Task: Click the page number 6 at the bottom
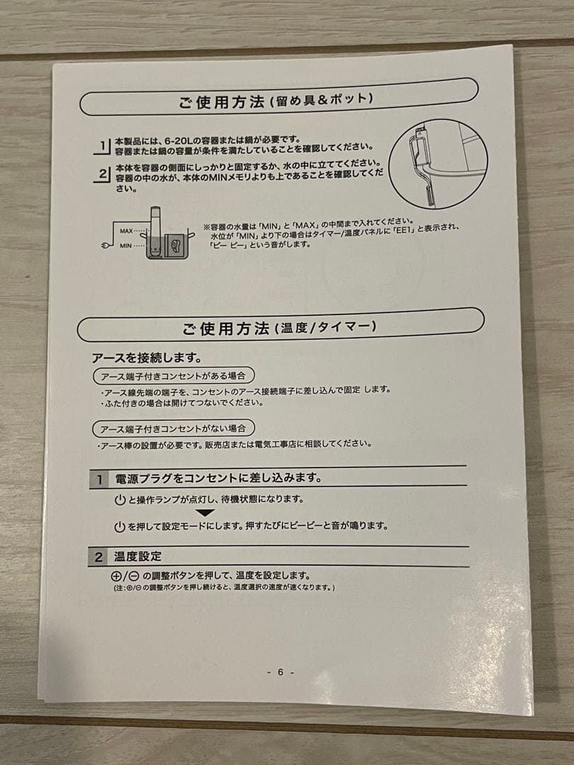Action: click(x=280, y=671)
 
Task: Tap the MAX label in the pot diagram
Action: click(x=126, y=231)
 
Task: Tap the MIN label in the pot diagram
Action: click(x=125, y=246)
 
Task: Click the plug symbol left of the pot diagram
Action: click(x=104, y=245)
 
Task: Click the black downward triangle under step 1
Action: click(x=205, y=513)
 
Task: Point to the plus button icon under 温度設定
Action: click(x=116, y=576)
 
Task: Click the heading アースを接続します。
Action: click(x=147, y=358)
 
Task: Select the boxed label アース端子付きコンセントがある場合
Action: click(x=174, y=375)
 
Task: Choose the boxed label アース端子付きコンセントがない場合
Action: click(x=174, y=429)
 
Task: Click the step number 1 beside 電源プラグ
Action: click(x=100, y=480)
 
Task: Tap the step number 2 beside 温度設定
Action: click(x=99, y=557)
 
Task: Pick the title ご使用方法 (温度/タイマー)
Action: click(x=279, y=328)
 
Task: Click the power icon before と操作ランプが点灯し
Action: click(x=120, y=500)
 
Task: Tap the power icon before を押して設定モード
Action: click(x=120, y=528)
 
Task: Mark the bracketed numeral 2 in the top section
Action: click(x=103, y=174)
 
